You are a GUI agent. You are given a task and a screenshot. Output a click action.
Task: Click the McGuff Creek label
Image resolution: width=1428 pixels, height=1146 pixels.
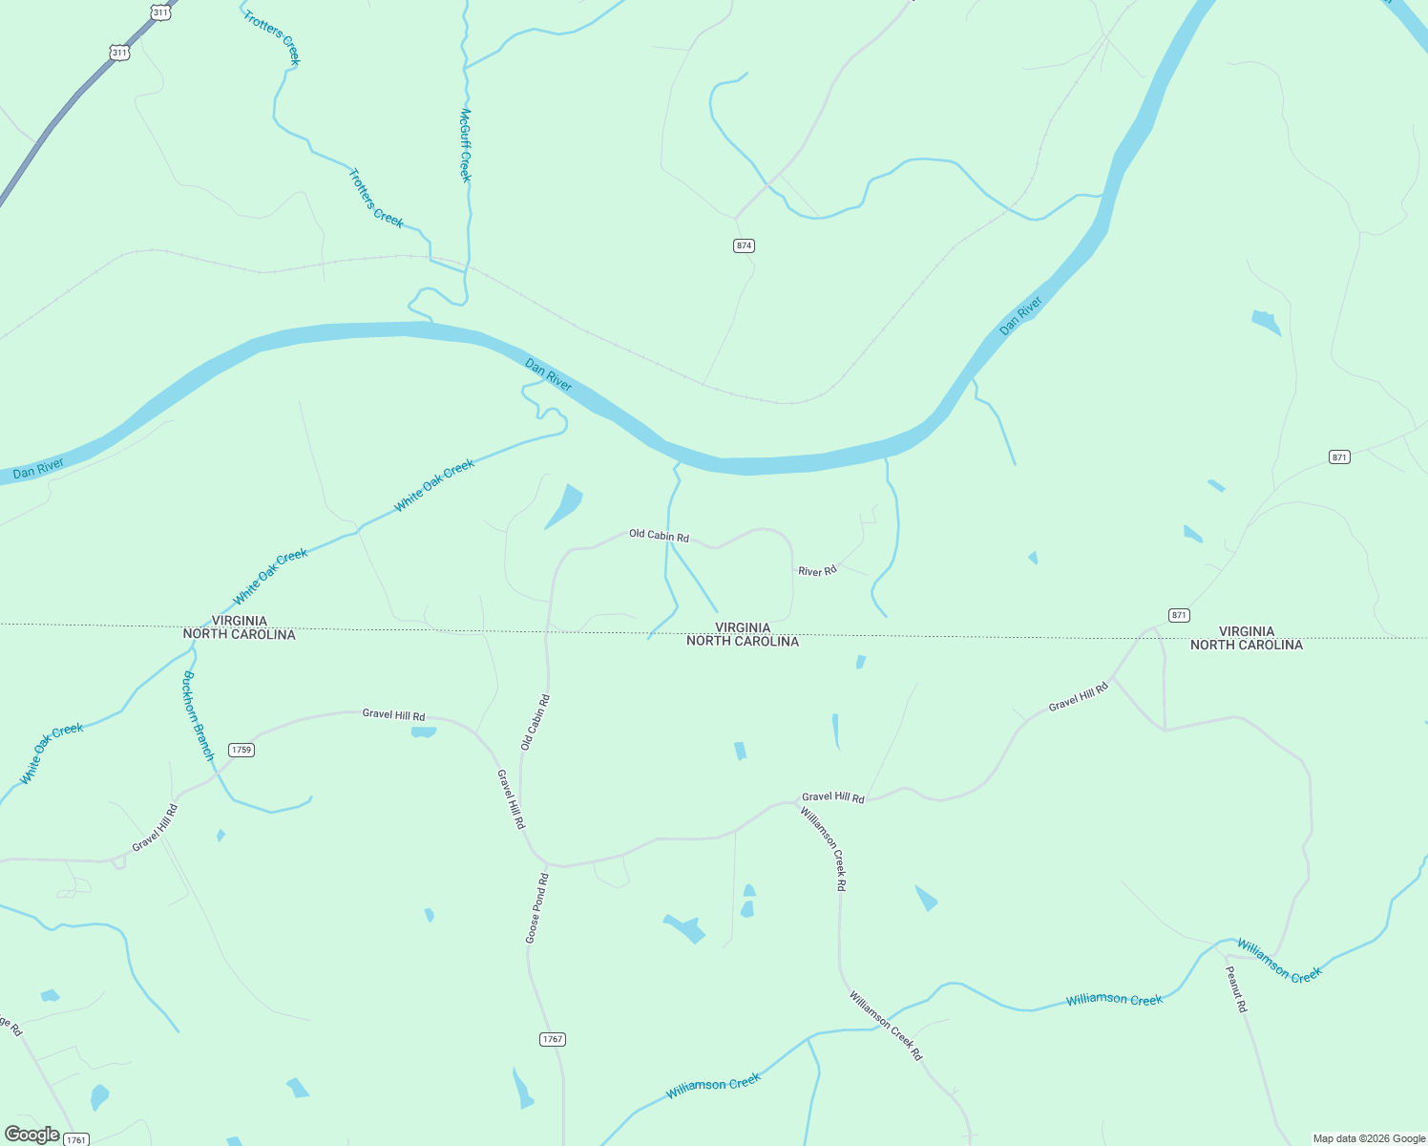[x=465, y=144]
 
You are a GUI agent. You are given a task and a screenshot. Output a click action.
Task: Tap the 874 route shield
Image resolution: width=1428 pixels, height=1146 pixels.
[x=745, y=245]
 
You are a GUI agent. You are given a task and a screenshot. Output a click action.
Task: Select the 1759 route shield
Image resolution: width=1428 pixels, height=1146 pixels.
[x=241, y=750]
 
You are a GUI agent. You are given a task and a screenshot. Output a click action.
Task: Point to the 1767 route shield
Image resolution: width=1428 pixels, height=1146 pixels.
[x=553, y=1039]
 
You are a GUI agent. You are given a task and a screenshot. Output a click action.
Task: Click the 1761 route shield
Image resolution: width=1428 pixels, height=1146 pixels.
[x=76, y=1139]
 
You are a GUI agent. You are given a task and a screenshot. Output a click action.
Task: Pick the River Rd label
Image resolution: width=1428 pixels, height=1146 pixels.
[x=817, y=571]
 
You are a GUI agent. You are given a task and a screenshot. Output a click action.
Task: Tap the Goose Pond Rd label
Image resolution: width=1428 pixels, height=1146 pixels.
[x=536, y=908]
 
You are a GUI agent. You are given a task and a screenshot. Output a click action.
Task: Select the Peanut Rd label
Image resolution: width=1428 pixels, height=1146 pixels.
[x=1235, y=989]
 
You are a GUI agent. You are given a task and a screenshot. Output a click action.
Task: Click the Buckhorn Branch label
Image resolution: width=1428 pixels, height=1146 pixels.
[x=199, y=715]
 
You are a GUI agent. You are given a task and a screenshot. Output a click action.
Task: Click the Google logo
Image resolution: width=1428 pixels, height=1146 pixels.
[x=31, y=1135]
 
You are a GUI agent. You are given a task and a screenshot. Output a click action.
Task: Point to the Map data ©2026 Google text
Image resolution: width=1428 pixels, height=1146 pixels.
[x=1368, y=1138]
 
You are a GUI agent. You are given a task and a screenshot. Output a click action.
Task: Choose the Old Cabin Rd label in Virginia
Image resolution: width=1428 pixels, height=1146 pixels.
[x=659, y=536]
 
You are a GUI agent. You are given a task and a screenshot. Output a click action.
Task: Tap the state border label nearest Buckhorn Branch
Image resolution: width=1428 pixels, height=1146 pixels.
[x=239, y=627]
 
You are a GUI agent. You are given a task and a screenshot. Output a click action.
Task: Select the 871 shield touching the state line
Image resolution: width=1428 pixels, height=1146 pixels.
[x=1179, y=615]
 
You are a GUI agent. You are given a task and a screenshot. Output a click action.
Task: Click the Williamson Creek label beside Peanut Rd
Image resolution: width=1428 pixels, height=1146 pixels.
[x=1279, y=961]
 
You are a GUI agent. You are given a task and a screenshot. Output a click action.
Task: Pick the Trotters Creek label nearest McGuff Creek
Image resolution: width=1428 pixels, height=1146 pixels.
[x=375, y=198]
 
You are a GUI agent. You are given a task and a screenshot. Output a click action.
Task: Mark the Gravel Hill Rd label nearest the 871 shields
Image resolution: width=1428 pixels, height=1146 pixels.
[x=1079, y=697]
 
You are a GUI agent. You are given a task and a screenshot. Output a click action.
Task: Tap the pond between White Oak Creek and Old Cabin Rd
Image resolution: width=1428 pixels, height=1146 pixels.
[x=564, y=505]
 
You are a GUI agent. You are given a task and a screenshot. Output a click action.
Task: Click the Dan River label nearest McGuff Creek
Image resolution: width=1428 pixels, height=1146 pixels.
[x=548, y=374]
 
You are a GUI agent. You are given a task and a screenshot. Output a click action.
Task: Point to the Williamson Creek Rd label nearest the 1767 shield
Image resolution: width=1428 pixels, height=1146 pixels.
[x=886, y=1026]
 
